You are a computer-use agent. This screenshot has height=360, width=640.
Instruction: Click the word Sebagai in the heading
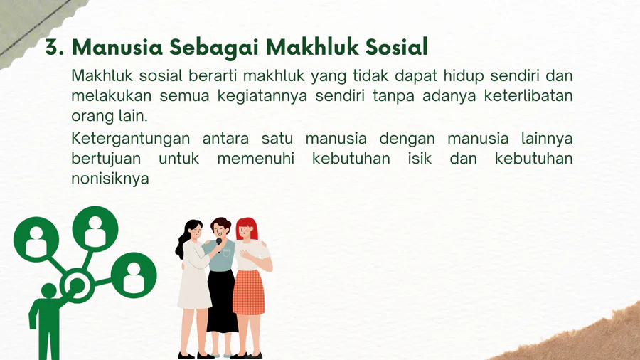pos(214,47)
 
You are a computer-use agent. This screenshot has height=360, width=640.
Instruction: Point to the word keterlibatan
pos(528,95)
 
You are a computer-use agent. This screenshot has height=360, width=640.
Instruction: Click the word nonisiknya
pos(110,179)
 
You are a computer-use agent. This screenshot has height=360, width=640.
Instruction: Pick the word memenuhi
pos(255,158)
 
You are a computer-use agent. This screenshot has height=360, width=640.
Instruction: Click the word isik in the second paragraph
pos(420,158)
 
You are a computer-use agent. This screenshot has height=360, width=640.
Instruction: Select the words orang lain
pos(110,116)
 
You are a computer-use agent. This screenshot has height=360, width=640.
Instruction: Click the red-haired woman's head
pos(247,228)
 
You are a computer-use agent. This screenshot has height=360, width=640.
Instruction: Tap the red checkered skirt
pos(249,292)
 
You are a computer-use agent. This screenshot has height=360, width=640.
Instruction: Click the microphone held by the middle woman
pos(219,244)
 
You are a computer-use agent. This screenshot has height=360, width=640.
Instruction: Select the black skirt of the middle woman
pos(222,301)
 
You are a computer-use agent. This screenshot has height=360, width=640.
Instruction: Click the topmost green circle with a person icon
pos(95,229)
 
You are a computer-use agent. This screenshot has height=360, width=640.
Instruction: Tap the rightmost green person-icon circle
pos(134,275)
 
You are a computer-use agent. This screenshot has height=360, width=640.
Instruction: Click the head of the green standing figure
pos(49,290)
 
